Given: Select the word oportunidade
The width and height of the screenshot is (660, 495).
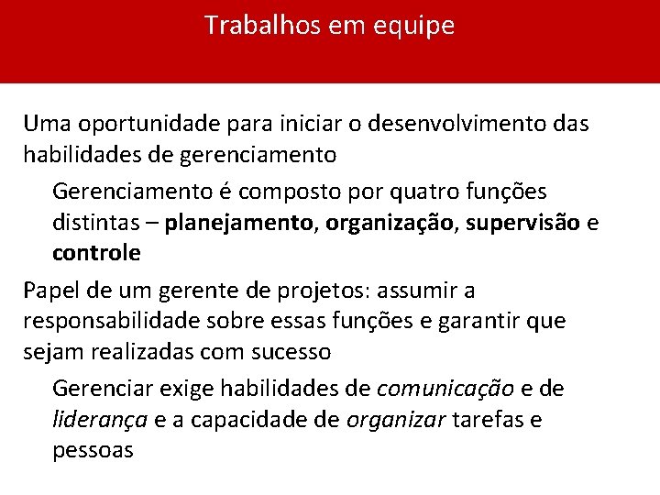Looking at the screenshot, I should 135,124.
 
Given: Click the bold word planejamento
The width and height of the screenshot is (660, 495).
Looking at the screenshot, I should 240,223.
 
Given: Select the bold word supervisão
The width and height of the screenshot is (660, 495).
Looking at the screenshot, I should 522,222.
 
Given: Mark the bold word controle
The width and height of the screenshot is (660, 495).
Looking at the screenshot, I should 96,252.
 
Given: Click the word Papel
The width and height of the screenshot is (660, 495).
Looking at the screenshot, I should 51,291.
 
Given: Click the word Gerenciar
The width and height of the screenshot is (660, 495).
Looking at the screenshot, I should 104,390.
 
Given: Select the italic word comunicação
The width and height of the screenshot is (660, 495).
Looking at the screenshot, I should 445,390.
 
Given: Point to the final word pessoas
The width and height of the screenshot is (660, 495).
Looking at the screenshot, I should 93,450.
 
